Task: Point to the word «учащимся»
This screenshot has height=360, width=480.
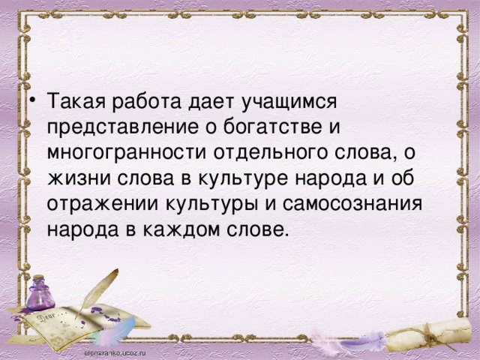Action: click(x=289, y=103)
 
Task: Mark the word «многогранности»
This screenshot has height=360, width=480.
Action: click(x=127, y=152)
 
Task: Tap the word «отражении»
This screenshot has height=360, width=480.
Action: click(x=103, y=205)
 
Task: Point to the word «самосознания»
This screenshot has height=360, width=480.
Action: click(x=352, y=204)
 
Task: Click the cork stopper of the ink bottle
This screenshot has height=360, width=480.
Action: click(x=38, y=278)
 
